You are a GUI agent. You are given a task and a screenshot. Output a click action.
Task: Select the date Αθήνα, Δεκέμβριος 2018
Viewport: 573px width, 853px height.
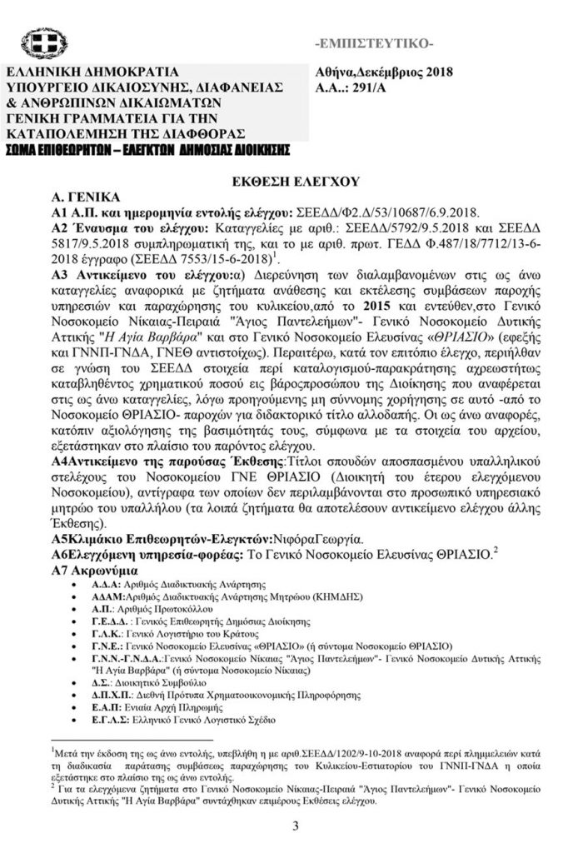click(384, 72)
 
